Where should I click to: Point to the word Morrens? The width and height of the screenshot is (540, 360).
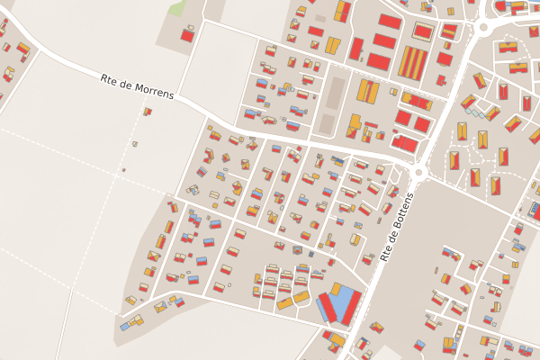tap(152, 90)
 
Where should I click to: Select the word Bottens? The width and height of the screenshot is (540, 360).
tap(401, 214)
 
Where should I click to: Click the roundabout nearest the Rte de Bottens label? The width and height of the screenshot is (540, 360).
tap(419, 171)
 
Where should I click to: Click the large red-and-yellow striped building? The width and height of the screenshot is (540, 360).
tap(413, 63)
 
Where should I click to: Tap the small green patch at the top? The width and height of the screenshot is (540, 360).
tap(177, 8)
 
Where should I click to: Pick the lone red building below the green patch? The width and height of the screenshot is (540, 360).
tap(187, 35)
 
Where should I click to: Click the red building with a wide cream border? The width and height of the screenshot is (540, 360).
tap(423, 32)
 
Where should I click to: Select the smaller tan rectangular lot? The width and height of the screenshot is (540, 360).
tap(328, 123)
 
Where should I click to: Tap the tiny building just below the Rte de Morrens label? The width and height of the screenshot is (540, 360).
tap(147, 112)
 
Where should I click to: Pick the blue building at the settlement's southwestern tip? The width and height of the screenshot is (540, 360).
tap(125, 327)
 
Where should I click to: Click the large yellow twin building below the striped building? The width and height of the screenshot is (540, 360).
tap(366, 90)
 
